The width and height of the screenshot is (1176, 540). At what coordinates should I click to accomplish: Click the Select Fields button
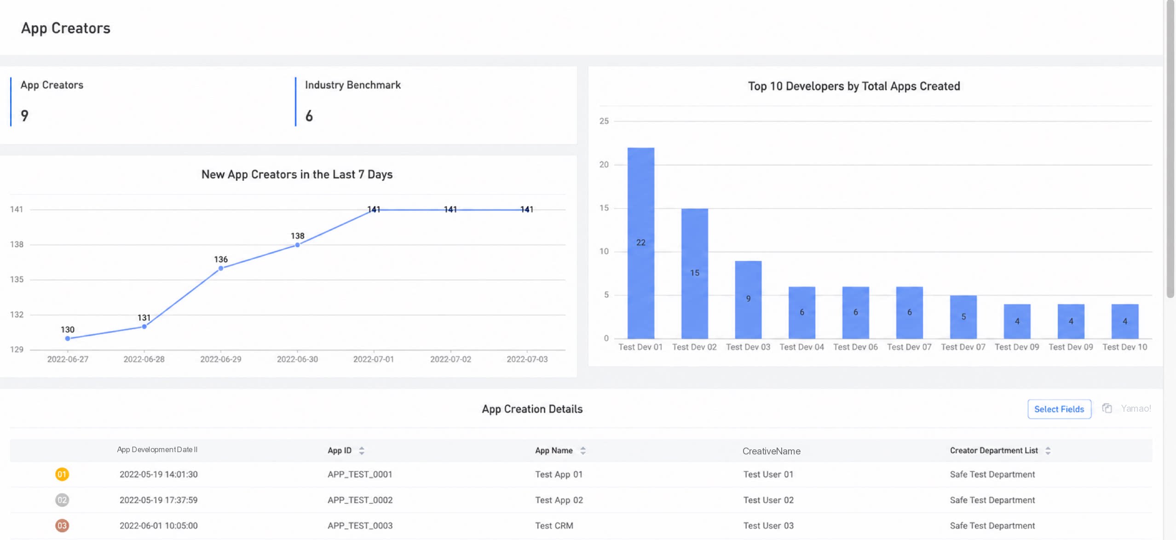[x=1059, y=409]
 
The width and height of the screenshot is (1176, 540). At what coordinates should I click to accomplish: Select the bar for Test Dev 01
[x=640, y=243]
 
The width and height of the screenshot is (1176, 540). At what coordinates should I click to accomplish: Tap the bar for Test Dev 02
[x=694, y=274]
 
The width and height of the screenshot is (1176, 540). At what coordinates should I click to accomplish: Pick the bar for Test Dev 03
[x=748, y=300]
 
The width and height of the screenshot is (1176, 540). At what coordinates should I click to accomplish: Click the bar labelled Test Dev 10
[x=1124, y=322]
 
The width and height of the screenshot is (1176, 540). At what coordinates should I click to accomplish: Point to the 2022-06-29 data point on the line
[x=221, y=268]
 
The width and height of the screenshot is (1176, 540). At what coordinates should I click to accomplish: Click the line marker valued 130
[x=68, y=339]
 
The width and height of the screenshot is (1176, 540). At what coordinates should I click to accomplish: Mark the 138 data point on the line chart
[x=297, y=245]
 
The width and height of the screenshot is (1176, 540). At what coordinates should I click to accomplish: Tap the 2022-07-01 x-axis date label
[x=374, y=359]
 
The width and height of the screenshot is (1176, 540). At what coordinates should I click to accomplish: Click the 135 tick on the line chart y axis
[x=17, y=279]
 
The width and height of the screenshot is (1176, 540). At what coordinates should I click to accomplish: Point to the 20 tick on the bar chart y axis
[x=604, y=164]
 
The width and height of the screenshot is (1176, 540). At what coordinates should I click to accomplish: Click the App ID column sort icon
[x=362, y=451]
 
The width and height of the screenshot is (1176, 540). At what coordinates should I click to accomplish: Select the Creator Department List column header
[x=994, y=451]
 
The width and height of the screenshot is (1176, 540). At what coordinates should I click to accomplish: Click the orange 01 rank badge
[x=62, y=474]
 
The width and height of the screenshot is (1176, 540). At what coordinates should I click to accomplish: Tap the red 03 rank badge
[x=62, y=526]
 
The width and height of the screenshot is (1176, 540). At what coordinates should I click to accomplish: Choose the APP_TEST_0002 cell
[x=360, y=500]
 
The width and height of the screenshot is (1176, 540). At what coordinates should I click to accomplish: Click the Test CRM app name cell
[x=554, y=526]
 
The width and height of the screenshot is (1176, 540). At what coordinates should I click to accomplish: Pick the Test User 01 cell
[x=768, y=474]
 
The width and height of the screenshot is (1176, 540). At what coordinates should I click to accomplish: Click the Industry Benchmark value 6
[x=309, y=116]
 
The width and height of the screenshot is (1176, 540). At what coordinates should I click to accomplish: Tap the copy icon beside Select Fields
[x=1107, y=408]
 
